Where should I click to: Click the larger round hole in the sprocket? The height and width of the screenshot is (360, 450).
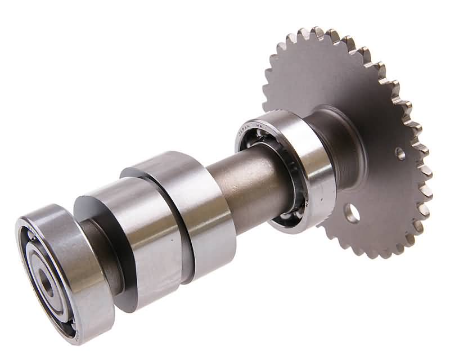353,213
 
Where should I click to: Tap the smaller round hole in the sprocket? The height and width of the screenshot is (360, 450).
400,153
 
